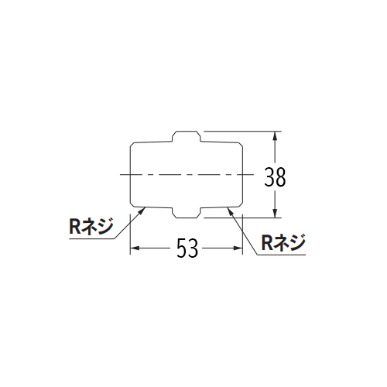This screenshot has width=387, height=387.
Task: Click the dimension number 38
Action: tap(275, 177)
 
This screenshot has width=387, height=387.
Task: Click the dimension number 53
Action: tap(187, 248)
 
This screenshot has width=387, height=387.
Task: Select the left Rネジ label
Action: tap(91, 226)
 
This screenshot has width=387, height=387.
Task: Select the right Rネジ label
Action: tap(283, 242)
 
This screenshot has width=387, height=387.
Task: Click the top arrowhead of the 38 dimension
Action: tap(275, 135)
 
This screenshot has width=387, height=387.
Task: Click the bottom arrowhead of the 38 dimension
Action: tap(275, 213)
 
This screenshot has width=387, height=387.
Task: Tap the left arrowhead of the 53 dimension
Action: tap(135, 248)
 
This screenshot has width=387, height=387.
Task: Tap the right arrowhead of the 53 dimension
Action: tap(238, 248)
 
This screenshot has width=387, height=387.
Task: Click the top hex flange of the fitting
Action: tap(187, 136)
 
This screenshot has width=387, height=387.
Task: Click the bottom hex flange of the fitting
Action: tap(187, 213)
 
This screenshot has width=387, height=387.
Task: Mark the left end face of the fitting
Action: tap(130, 175)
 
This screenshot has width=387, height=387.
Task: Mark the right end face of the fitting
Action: tap(242, 175)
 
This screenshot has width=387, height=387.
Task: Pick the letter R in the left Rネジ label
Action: tap(75, 226)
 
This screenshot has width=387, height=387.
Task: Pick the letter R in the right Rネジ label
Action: tap(267, 242)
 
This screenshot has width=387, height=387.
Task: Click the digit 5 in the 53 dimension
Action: tap(182, 248)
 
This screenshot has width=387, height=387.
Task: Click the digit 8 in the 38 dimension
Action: tap(281, 177)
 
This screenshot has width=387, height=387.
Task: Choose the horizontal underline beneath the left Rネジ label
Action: tap(92, 238)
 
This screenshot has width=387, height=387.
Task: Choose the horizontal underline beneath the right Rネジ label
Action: tap(282, 255)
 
